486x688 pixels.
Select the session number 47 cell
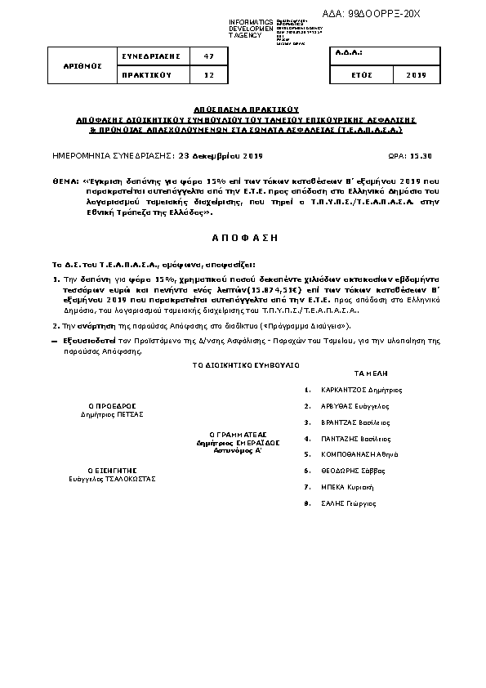pos(208,56)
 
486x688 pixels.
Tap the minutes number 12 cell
pos(208,74)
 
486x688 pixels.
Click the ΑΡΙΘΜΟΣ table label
pos(84,65)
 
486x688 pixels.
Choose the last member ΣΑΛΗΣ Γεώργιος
pos(349,503)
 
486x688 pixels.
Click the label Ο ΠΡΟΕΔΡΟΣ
pos(112,405)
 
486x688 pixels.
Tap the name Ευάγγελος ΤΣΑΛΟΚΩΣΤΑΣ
pos(112,479)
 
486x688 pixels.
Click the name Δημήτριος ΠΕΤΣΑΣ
pos(112,414)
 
